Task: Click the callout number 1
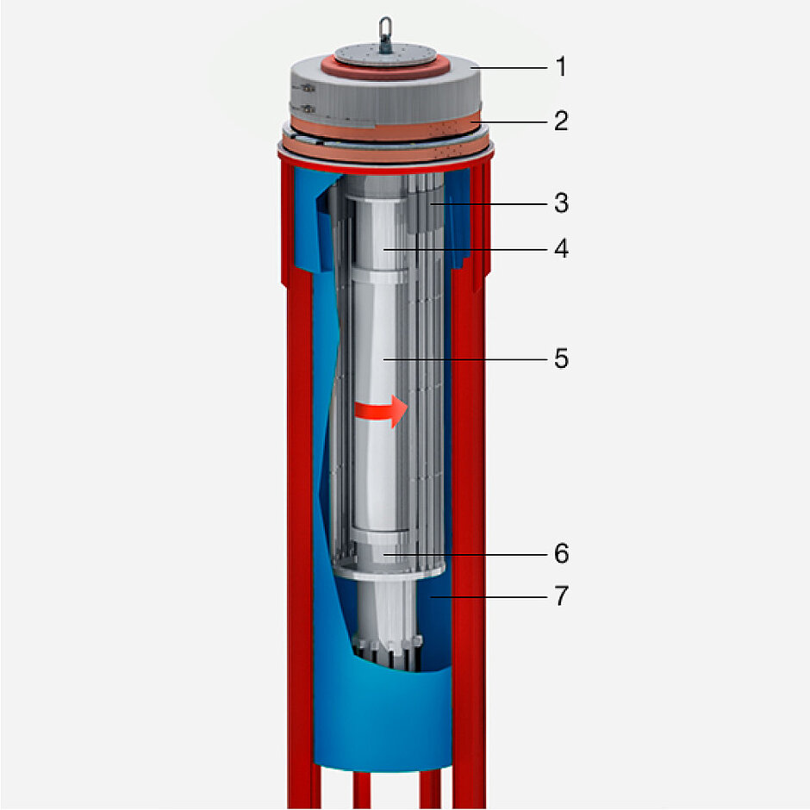(561, 67)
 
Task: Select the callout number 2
(561, 121)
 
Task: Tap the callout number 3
(562, 203)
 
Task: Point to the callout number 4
(562, 248)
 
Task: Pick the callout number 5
(562, 358)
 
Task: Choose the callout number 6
(562, 554)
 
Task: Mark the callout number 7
(562, 595)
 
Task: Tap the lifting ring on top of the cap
(385, 34)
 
